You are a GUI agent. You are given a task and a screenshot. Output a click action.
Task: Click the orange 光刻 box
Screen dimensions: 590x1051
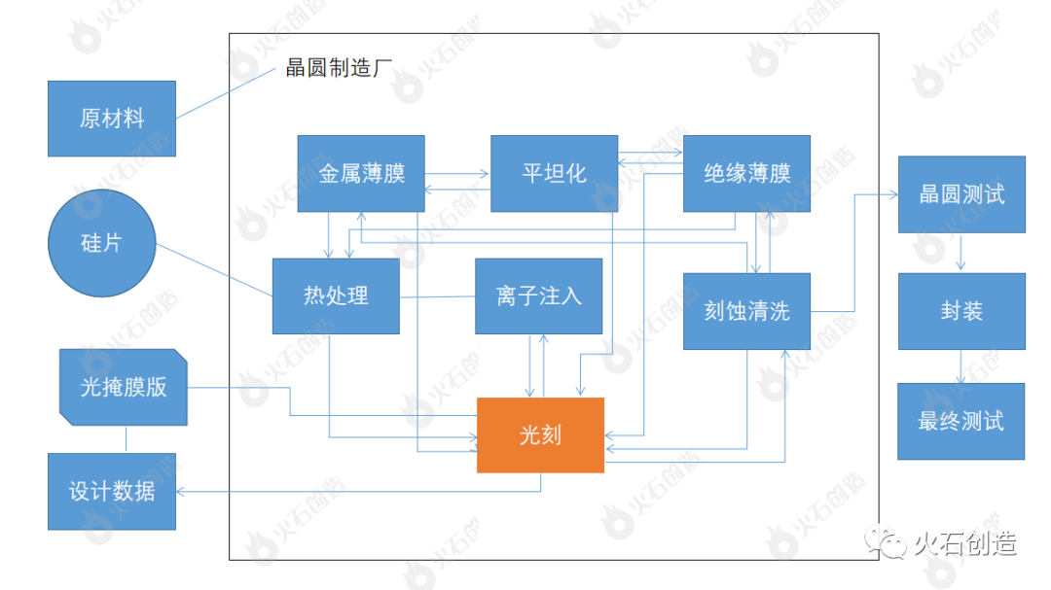click(x=540, y=435)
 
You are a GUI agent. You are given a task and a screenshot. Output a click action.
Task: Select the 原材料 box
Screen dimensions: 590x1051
click(x=111, y=119)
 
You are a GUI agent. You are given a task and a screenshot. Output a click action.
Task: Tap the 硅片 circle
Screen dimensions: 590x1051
click(x=101, y=243)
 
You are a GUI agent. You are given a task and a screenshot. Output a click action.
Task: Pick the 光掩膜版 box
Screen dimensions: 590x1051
click(x=123, y=387)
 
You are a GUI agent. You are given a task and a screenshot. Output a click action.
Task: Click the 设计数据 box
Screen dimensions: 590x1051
click(x=111, y=491)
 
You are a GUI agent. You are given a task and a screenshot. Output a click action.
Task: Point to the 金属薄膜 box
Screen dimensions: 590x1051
click(x=361, y=173)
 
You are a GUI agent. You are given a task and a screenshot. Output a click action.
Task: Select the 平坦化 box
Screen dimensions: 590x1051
click(x=554, y=173)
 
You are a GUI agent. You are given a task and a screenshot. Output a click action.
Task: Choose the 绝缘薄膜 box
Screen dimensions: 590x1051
click(x=746, y=173)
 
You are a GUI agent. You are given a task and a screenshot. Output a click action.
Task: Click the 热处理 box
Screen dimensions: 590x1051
click(x=336, y=295)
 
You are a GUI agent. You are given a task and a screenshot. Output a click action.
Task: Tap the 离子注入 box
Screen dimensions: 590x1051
click(x=538, y=295)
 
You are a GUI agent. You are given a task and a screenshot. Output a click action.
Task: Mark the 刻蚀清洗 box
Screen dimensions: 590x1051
click(x=746, y=311)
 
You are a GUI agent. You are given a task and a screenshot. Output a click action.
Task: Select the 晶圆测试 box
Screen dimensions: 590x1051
click(x=960, y=194)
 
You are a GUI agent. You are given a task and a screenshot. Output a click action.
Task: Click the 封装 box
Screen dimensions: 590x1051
click(x=960, y=311)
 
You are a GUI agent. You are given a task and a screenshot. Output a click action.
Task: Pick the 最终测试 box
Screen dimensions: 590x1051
click(x=960, y=421)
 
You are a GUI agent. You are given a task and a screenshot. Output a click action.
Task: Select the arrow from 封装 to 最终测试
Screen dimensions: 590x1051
click(x=960, y=366)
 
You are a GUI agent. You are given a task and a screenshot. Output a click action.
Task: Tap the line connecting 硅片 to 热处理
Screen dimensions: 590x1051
click(x=214, y=268)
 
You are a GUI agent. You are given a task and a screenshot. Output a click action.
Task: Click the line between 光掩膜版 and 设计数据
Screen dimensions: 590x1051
click(x=126, y=439)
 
